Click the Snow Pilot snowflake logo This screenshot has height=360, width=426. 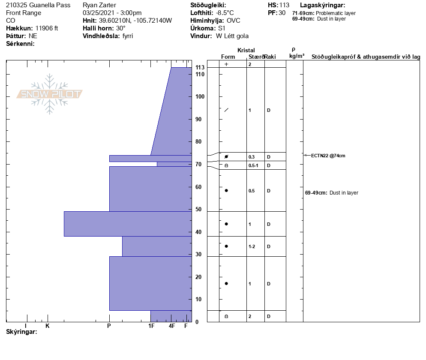coord(49,94)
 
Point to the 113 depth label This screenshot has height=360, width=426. coord(200,67)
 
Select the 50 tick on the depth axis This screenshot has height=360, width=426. coord(198,209)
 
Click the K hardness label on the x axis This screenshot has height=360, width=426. coord(47,326)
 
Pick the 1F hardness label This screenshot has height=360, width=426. coord(151,326)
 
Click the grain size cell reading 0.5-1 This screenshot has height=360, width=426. coord(253,165)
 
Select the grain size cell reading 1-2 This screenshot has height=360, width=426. coord(252,246)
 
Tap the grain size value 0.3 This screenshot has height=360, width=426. coord(252,157)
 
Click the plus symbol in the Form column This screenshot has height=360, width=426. coord(226,64)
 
